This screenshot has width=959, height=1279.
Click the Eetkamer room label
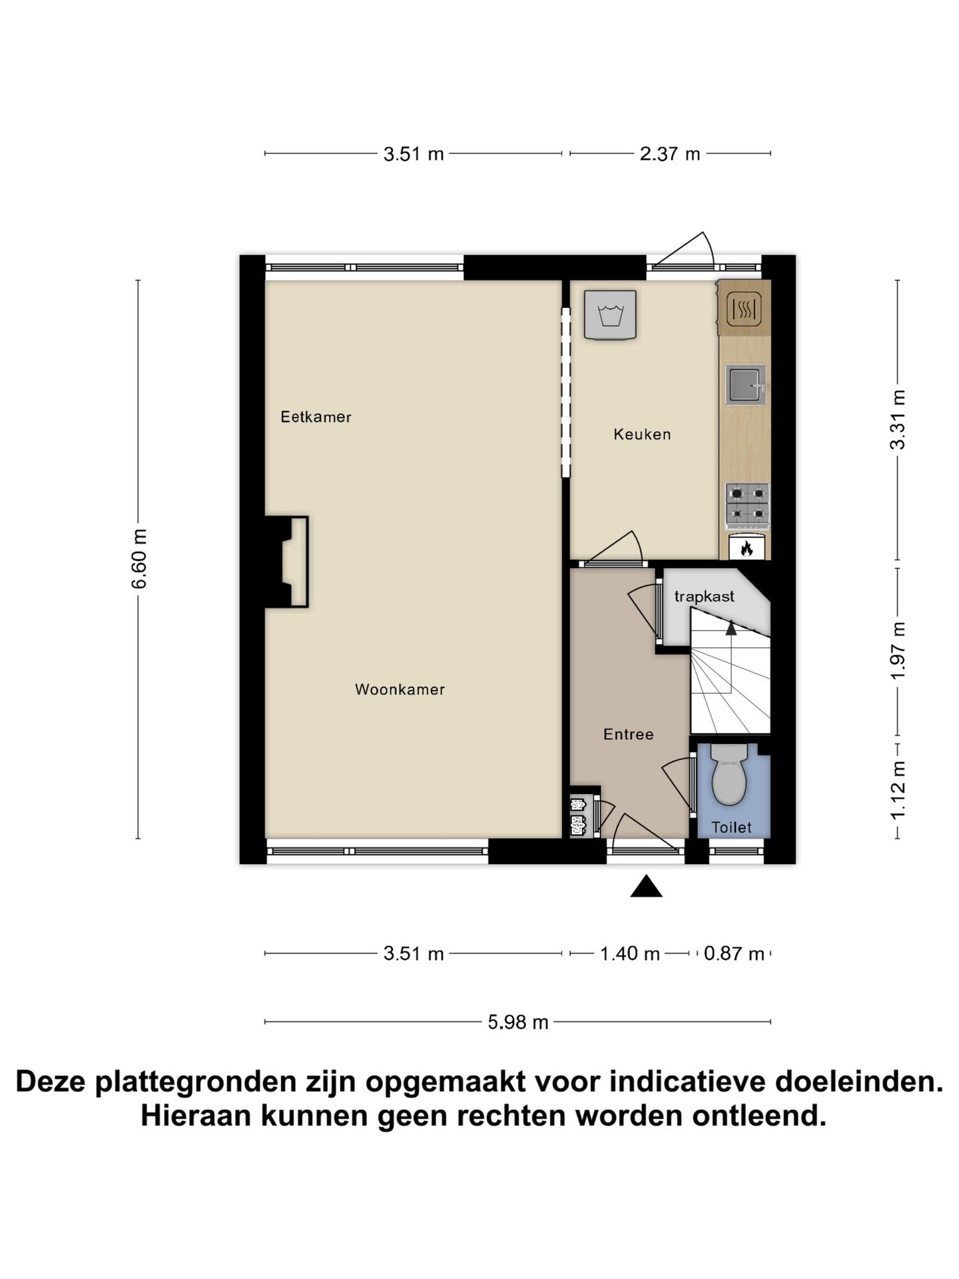[316, 417]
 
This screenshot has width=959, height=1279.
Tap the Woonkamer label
[400, 689]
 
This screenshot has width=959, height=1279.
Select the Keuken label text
[642, 434]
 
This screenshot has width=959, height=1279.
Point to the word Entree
[628, 734]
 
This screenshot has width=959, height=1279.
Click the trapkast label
[704, 596]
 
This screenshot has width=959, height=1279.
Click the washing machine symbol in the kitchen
[610, 314]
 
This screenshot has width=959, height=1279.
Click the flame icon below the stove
[747, 548]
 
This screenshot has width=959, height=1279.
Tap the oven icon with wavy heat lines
[744, 309]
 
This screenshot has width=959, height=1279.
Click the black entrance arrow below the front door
[646, 887]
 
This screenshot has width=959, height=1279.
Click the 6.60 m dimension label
[139, 558]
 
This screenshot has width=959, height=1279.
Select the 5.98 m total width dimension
[517, 1022]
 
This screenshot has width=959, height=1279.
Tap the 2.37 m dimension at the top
[669, 154]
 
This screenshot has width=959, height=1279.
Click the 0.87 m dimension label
[733, 954]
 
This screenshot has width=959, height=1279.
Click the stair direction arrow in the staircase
[731, 627]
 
